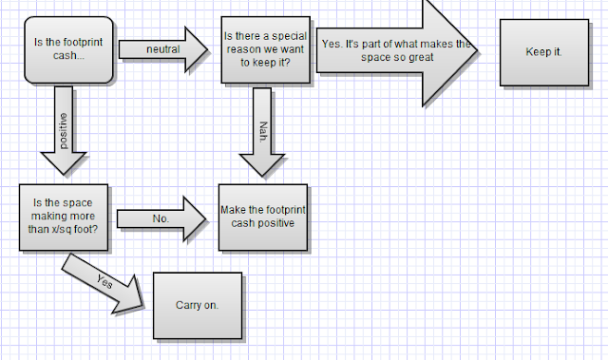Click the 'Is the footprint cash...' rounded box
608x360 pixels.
pos(69,50)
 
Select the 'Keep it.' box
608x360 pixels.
pos(544,52)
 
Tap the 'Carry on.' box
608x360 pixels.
pos(198,306)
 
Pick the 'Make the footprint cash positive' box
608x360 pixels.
pos(263,218)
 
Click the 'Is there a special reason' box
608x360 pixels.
pos(266,50)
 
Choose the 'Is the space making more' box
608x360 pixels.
pos(64,218)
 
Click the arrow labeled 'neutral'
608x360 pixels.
pos(162,49)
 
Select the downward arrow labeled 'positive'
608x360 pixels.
pos(64,130)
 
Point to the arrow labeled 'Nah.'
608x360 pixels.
pos(262,132)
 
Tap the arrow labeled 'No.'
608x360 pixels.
pos(161,219)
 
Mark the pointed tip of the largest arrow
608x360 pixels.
pos(477,50)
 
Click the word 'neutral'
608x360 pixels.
pos(162,49)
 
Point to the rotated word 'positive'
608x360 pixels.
pos(64,131)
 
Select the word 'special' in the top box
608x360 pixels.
pos(289,36)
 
